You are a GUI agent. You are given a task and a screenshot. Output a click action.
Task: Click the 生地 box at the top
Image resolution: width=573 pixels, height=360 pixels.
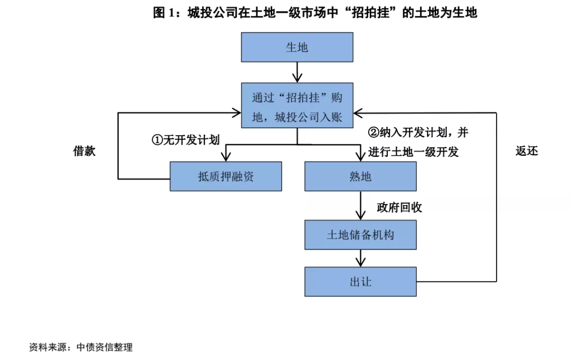pos(297,48)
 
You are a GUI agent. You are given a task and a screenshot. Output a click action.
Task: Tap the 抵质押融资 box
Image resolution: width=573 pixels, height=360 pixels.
pos(225,177)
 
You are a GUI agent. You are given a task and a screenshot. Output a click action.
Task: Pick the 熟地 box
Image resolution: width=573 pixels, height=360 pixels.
pos(360,177)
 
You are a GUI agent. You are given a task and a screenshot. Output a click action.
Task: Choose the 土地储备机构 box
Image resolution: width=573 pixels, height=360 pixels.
pos(360,235)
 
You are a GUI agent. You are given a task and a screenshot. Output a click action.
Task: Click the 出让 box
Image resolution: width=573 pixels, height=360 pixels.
pos(360,282)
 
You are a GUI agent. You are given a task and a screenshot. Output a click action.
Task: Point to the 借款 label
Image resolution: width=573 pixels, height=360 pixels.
pos(84,151)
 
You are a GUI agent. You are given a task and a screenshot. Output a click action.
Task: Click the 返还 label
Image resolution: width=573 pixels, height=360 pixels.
pos(527,151)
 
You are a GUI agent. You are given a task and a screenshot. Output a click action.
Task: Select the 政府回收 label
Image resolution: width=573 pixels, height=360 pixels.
pos(400,207)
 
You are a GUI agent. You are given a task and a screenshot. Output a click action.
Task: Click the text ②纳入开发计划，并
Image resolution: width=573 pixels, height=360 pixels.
pos(419,132)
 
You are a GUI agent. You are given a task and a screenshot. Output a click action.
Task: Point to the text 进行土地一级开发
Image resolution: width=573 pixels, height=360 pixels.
pos(413,152)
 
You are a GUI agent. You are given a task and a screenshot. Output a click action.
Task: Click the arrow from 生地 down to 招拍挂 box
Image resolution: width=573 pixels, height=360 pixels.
pos(297,72)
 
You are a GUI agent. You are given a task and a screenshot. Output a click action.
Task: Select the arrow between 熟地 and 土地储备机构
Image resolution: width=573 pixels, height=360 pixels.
pos(360,205)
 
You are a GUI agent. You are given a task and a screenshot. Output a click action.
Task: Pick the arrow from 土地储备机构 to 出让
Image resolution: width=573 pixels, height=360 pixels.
pos(360,258)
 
